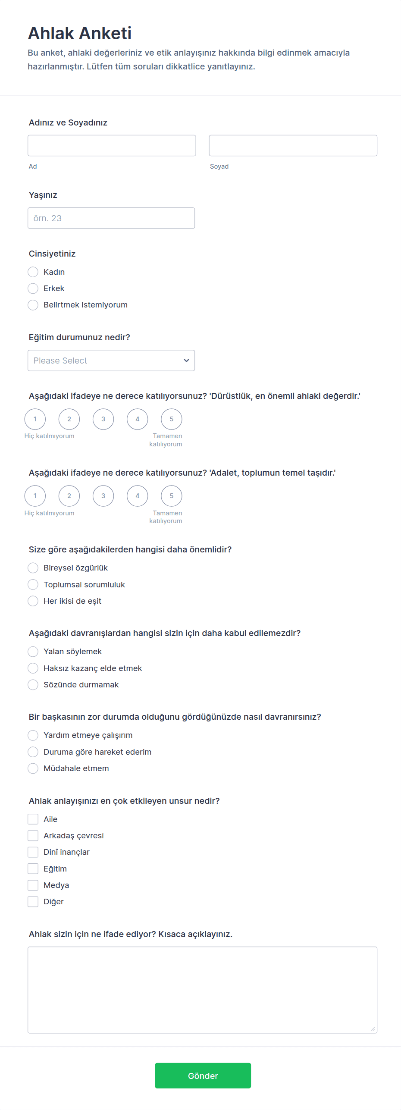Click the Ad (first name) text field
pyautogui.click(x=112, y=145)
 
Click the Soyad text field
pyautogui.click(x=293, y=145)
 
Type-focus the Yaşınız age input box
pyautogui.click(x=111, y=218)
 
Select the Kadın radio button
pyautogui.click(x=33, y=272)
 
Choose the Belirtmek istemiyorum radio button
pyautogui.click(x=33, y=305)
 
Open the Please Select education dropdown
pyautogui.click(x=111, y=361)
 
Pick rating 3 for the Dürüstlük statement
pyautogui.click(x=103, y=419)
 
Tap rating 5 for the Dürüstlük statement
pyautogui.click(x=172, y=419)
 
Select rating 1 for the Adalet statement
pyautogui.click(x=35, y=496)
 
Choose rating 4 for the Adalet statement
pyautogui.click(x=138, y=496)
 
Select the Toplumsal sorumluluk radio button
pyautogui.click(x=33, y=585)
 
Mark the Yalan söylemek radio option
pyautogui.click(x=33, y=652)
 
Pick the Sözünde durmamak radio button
pyautogui.click(x=33, y=685)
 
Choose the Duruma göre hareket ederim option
pyautogui.click(x=33, y=752)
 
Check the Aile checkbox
pyautogui.click(x=33, y=819)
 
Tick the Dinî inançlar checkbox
pyautogui.click(x=33, y=852)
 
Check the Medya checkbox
pyautogui.click(x=33, y=885)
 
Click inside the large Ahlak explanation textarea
pyautogui.click(x=202, y=990)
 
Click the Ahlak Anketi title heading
pyautogui.click(x=80, y=33)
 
